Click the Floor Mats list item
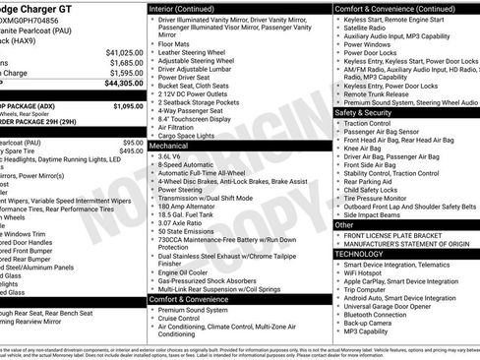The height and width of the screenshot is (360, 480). (x=174, y=43)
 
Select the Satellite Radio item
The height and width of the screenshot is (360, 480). (x=369, y=29)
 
